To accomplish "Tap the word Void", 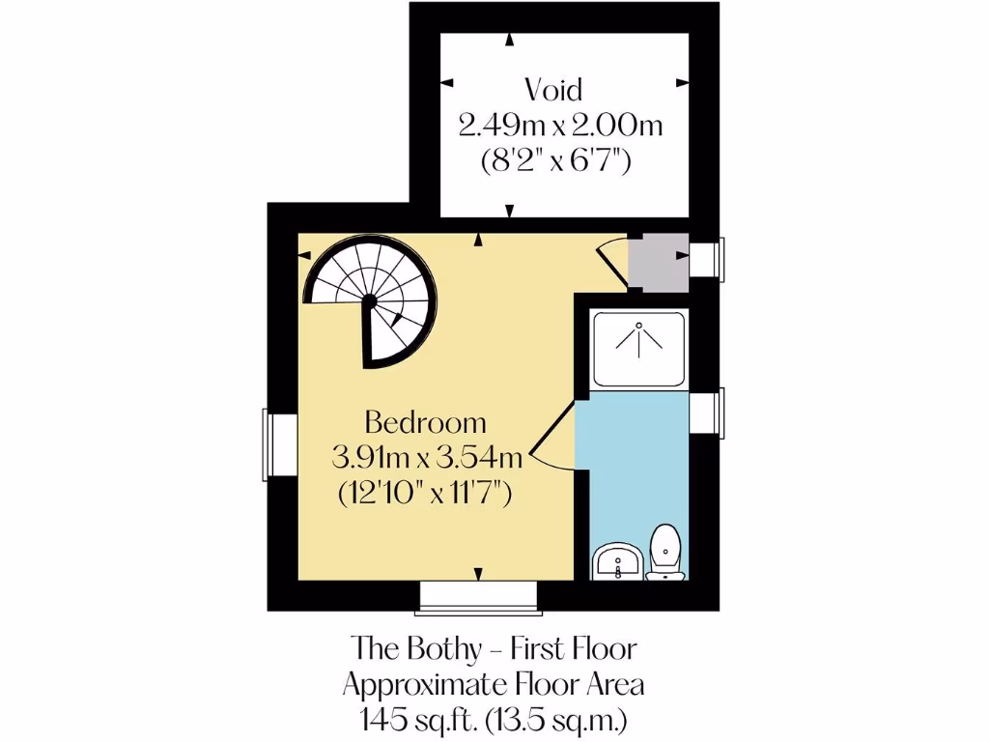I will (553, 90).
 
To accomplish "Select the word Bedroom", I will (425, 422).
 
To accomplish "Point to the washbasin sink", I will (615, 561).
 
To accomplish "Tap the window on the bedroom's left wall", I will (280, 444).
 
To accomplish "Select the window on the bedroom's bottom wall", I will (476, 597).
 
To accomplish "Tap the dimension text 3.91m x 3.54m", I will (425, 457).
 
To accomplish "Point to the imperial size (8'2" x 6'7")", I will (556, 161).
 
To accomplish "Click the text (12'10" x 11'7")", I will (425, 493).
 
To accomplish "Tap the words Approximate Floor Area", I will (494, 684).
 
